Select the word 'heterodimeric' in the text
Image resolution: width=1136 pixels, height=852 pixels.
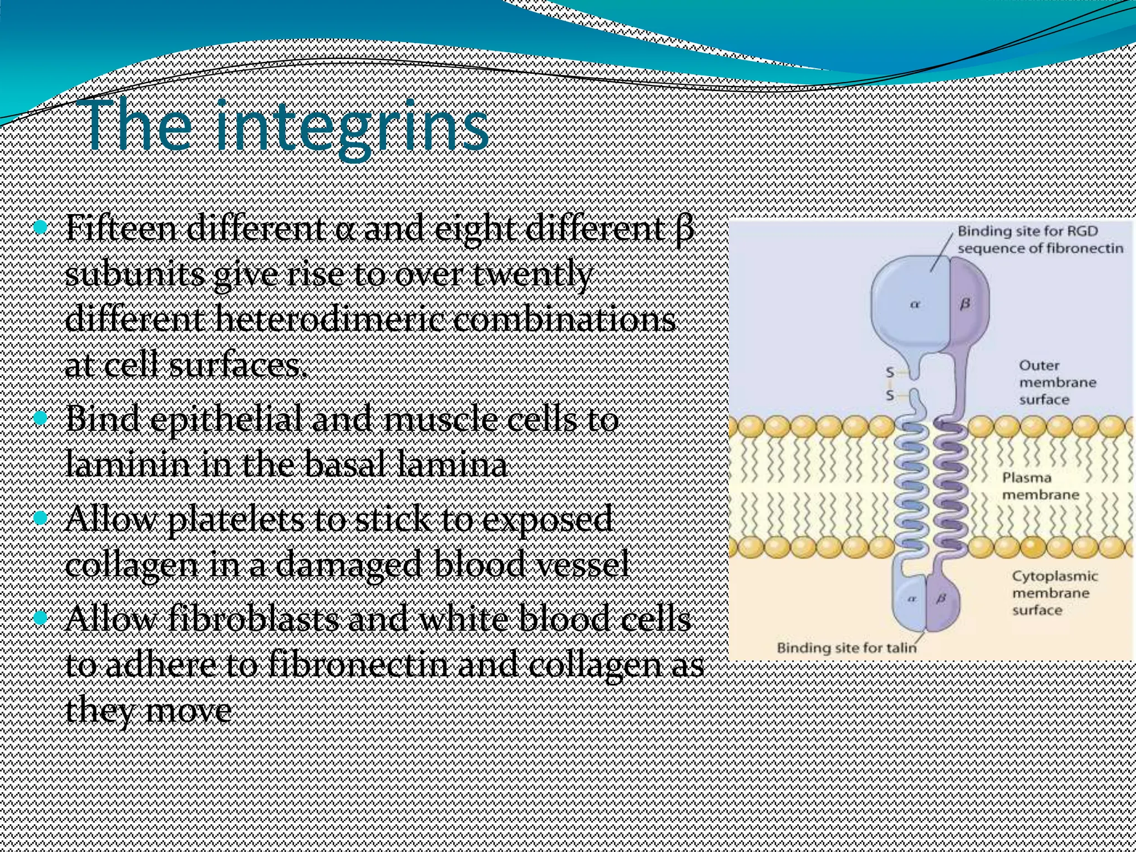(327, 320)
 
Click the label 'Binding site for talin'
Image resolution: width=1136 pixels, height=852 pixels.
(846, 647)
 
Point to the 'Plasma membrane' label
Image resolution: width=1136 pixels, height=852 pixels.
(1039, 486)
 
